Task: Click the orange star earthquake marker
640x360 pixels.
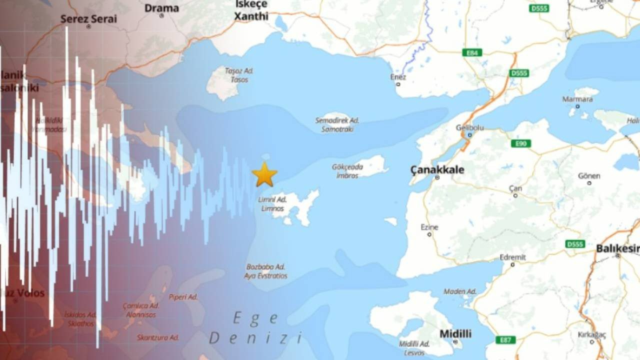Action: coord(264,174)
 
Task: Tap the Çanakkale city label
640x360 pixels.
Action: coord(437,170)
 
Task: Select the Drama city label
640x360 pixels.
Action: coord(161,8)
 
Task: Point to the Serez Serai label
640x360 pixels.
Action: coord(88,19)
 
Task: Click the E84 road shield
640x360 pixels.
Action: coord(472,52)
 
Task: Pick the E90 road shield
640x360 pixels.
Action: coord(520,143)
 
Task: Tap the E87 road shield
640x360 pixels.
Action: coord(505,340)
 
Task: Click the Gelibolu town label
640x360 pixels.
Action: coord(469,128)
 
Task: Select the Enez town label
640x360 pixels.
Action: coord(398,77)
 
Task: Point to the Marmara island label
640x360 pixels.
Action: coord(577,99)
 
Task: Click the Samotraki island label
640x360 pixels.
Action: coord(337,129)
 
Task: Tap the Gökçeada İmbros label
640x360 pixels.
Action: coord(347,171)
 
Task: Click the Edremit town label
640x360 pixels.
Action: coord(512,257)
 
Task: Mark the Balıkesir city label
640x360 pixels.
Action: coord(617,248)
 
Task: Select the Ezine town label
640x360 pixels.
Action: coord(429,227)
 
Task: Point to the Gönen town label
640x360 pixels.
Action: coord(589,176)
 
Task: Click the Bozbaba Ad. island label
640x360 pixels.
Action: coord(265,267)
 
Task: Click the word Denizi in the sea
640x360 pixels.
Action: coord(255,338)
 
